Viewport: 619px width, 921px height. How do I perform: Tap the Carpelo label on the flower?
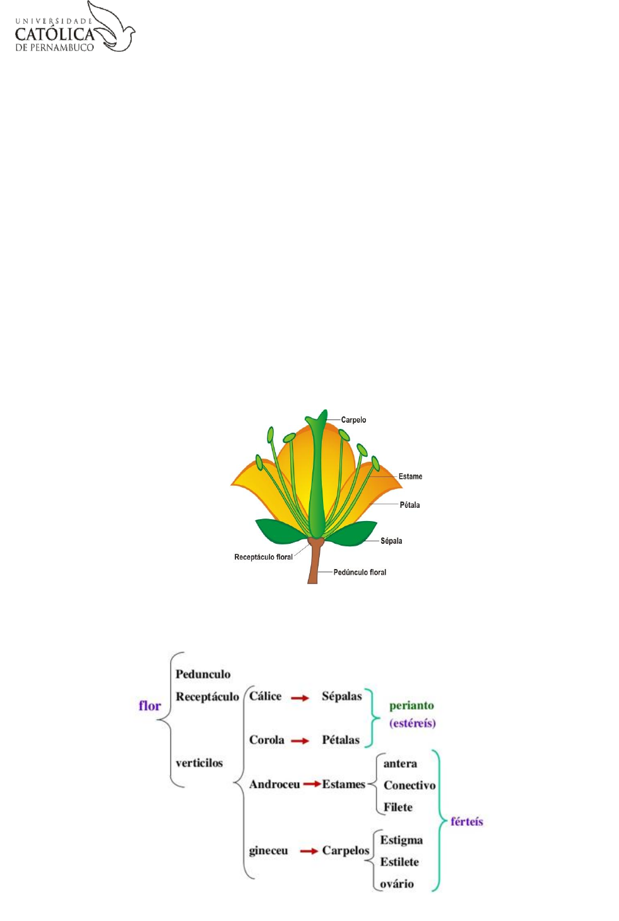coord(353,419)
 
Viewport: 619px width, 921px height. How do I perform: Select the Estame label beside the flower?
coord(410,476)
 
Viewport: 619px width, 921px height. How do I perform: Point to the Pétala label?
coord(410,505)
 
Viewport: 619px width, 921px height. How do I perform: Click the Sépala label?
coord(391,541)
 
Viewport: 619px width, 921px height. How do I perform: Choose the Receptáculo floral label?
coord(263,557)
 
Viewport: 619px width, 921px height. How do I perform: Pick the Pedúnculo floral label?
coord(360,572)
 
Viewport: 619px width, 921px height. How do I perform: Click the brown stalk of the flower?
coord(314,565)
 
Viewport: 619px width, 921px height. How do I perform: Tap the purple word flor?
coord(150,705)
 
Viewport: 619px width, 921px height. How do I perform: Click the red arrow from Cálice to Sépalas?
coord(300,698)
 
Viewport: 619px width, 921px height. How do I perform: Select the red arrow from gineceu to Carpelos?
coord(309,851)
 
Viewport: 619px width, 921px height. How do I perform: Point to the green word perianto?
coord(411,705)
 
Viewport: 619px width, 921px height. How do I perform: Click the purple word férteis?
coord(466,821)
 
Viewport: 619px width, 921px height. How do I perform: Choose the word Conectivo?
coord(410,785)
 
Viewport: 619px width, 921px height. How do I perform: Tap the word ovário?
coord(397,883)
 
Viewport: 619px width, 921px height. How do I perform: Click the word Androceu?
coord(274,784)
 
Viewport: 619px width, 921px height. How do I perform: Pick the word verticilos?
coord(199,763)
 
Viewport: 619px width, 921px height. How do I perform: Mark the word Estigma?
coord(401,840)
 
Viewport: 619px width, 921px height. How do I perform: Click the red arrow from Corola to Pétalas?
coord(300,741)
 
